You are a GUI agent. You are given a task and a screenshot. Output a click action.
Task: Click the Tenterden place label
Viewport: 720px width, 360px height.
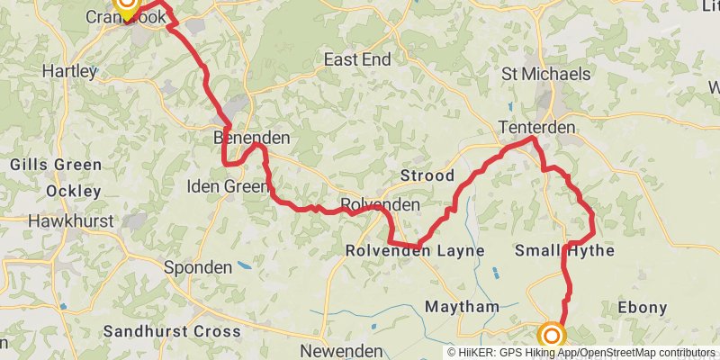[x=538, y=129]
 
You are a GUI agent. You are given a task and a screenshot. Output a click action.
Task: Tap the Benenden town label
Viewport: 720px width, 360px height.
[x=252, y=139]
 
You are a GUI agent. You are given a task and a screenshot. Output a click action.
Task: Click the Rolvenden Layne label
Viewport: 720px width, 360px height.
[x=415, y=251]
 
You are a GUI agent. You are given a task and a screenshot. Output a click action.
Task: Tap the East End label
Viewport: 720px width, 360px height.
[x=357, y=60]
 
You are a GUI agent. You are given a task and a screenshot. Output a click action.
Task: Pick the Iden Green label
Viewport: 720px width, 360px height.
[x=227, y=187]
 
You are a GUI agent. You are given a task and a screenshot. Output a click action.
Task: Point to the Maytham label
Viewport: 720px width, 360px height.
[x=462, y=307]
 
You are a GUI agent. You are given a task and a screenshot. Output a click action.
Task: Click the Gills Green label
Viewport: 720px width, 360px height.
[x=55, y=165]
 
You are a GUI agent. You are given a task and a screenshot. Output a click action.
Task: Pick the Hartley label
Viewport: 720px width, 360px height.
[x=69, y=70]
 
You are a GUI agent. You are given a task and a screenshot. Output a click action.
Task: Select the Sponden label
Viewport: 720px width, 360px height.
[x=198, y=267]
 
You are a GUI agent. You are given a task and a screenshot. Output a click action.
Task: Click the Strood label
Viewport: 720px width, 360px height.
[x=428, y=175]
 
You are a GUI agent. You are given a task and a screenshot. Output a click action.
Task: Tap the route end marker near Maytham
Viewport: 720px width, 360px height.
[x=551, y=337]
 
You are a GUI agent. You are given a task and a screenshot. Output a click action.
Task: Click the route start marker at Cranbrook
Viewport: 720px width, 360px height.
[x=126, y=7]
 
